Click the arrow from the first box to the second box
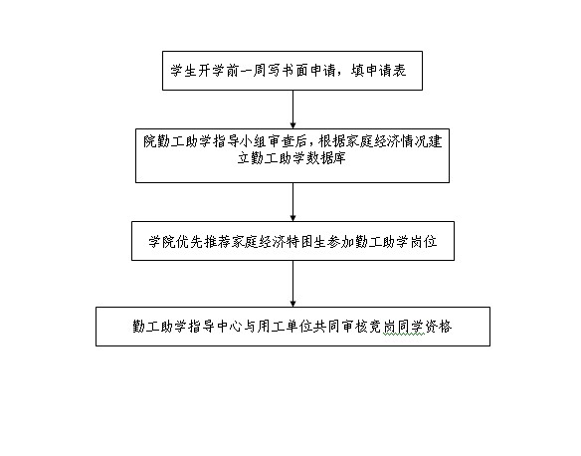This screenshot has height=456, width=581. point(292,110)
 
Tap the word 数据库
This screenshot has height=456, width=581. point(325,158)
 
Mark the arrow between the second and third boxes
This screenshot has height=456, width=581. point(292,202)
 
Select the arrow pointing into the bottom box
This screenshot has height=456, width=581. point(292,284)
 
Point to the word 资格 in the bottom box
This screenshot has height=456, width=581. point(438,327)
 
